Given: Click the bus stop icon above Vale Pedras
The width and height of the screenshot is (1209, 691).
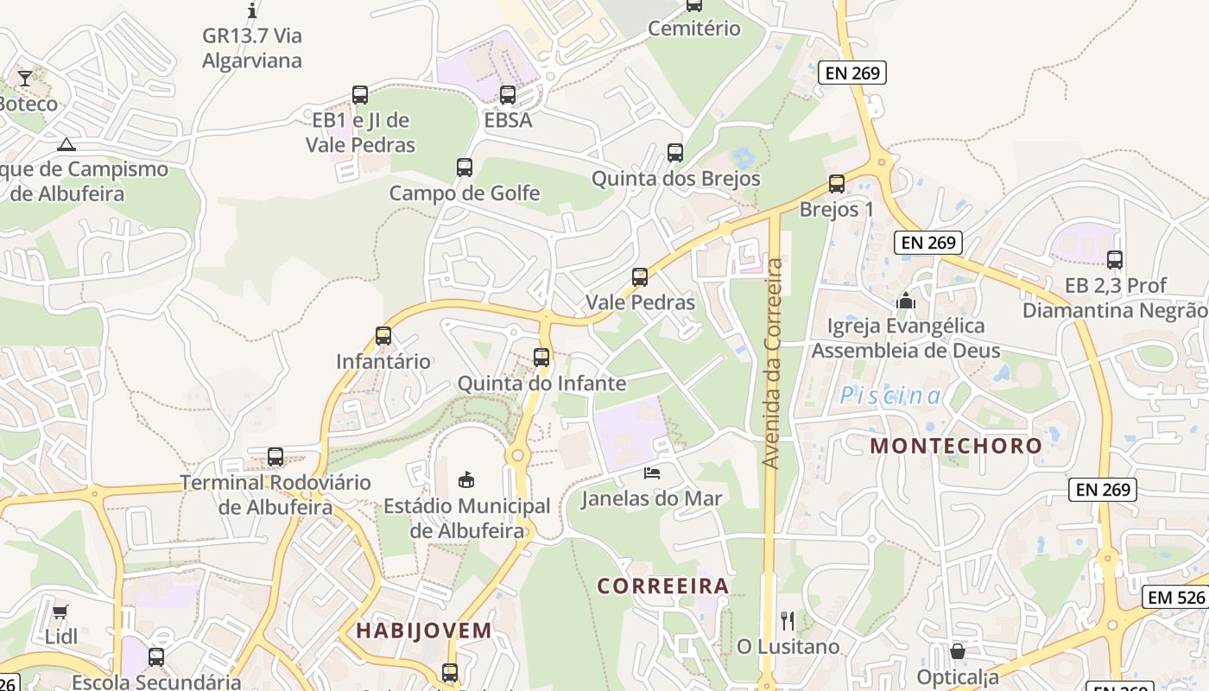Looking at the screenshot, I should (x=640, y=277).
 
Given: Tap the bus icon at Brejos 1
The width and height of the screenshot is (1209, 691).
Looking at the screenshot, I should (x=836, y=184).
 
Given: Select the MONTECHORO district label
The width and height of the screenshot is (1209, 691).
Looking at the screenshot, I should (x=956, y=446).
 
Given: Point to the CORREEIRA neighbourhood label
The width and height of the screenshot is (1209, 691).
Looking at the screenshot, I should (x=663, y=586).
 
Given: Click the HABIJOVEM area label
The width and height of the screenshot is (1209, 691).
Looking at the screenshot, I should (x=424, y=631).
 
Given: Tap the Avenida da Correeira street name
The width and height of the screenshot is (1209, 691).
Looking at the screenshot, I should (x=773, y=363).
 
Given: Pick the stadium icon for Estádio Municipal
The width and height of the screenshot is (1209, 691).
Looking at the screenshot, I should (x=466, y=479).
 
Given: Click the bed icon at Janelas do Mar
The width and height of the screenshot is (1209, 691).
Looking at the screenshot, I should (x=652, y=472).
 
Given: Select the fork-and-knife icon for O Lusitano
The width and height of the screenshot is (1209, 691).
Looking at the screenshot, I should (x=787, y=620).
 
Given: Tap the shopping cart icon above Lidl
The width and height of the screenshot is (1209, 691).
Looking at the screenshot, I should (x=60, y=612).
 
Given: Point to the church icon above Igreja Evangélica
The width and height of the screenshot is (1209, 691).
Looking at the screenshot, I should (x=905, y=301).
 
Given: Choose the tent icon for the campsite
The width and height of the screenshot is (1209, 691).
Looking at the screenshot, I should (x=66, y=144).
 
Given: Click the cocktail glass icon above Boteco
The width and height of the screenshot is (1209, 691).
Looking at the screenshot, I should (x=25, y=79).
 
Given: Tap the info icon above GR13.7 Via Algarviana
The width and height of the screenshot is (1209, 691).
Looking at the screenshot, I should (x=252, y=10).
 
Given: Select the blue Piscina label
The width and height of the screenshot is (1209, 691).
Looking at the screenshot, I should (x=891, y=396).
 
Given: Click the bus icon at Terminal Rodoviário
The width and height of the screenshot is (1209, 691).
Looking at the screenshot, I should (x=275, y=456).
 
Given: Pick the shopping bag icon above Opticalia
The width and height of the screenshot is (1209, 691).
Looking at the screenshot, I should (x=958, y=651).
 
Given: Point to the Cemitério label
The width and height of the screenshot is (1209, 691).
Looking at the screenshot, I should (x=694, y=29).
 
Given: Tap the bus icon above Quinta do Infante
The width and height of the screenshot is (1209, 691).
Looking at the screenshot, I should (x=541, y=357).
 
